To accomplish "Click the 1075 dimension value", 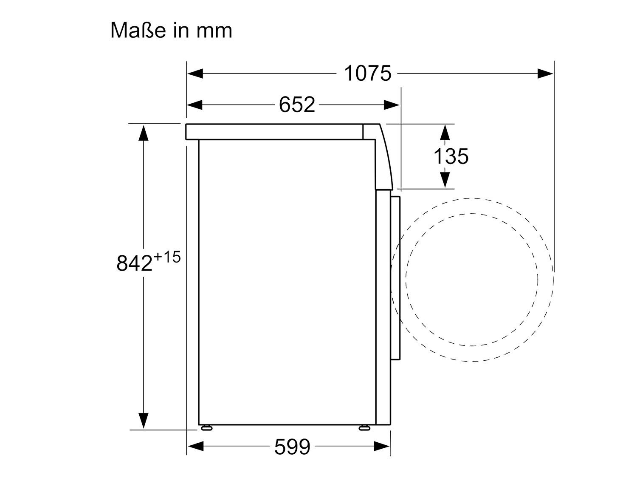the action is coord(367,74).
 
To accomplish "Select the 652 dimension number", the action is coord(296,105).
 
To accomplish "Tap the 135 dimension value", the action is coord(451,156).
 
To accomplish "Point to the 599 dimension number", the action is coord(292,447).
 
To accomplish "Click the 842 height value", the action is coord(134,263).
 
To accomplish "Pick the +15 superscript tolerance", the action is coord(167,257).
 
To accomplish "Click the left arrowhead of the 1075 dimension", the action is coord(195,74).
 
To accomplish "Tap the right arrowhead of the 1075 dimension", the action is coord(545,74).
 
